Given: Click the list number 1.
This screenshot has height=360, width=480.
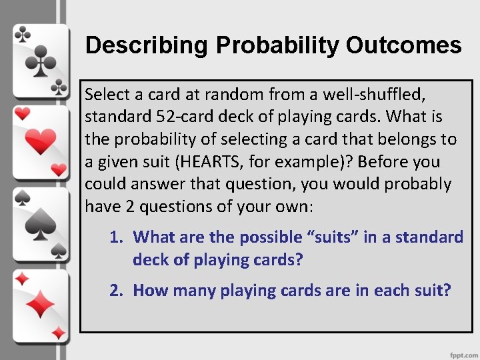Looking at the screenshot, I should tap(115, 237).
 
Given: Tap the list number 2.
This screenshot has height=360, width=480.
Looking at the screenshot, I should tap(115, 291).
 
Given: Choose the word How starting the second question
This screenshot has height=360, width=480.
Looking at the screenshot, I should tap(147, 291).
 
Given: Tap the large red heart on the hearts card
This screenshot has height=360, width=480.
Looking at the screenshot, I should tap(41, 141).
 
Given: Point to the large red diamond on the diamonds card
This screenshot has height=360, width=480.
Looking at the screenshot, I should tap(41, 306).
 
